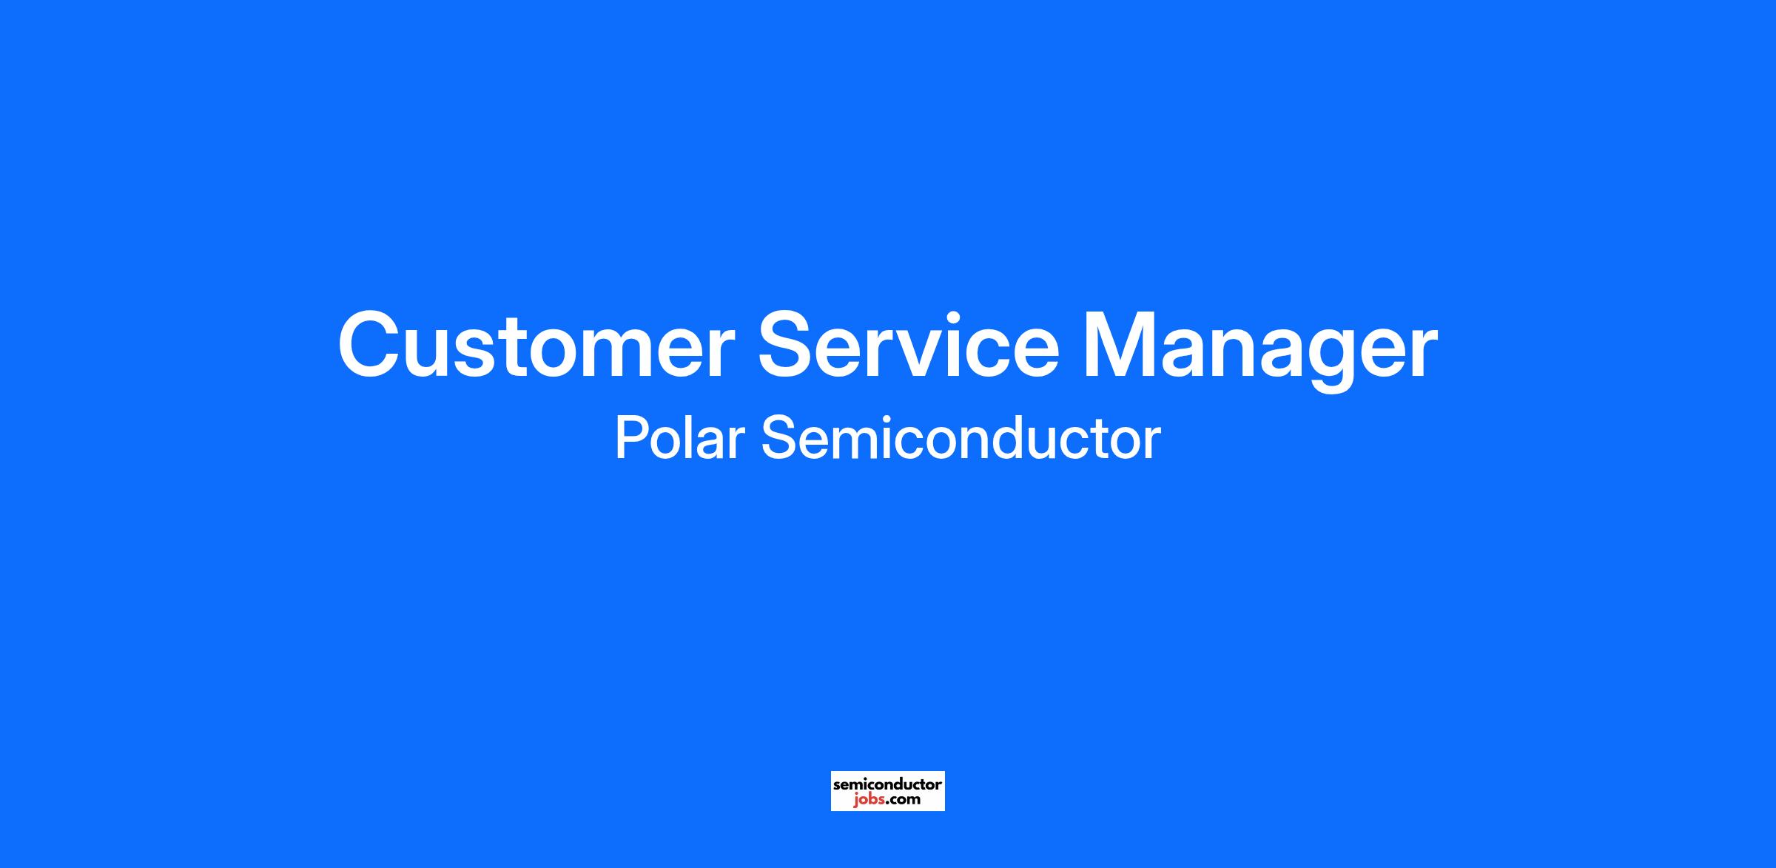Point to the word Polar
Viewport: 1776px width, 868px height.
[x=679, y=438]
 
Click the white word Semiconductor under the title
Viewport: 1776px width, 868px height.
[x=961, y=438]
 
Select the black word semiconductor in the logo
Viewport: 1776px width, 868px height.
[x=887, y=784]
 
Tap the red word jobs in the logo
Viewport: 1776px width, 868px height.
[x=867, y=799]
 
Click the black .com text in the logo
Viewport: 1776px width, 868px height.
[x=902, y=799]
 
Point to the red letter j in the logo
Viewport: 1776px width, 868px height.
[x=855, y=800]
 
